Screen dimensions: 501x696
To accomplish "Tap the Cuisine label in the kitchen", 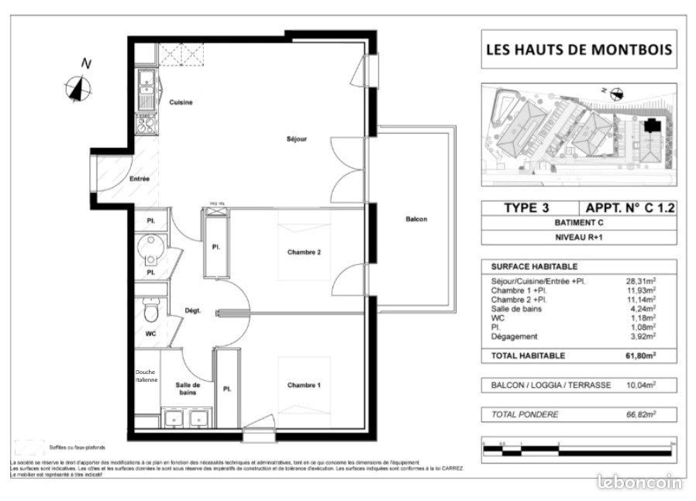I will tap(181, 102).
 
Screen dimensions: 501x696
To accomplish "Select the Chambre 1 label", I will tap(304, 386).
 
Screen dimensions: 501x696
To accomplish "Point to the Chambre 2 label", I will tap(304, 252).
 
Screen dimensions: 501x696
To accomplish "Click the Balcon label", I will tap(416, 219).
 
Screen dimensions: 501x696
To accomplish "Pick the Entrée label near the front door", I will tap(140, 179).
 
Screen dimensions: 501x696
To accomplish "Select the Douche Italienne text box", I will tap(146, 376).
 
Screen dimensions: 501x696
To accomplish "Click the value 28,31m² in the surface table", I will tap(640, 282).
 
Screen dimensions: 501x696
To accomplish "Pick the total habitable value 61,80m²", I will tap(640, 355).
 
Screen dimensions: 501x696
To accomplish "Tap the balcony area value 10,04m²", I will tap(640, 385).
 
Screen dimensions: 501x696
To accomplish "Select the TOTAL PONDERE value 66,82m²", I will tap(640, 415).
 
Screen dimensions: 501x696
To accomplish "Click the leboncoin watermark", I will tap(641, 482).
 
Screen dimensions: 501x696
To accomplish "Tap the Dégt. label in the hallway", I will tap(193, 311).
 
